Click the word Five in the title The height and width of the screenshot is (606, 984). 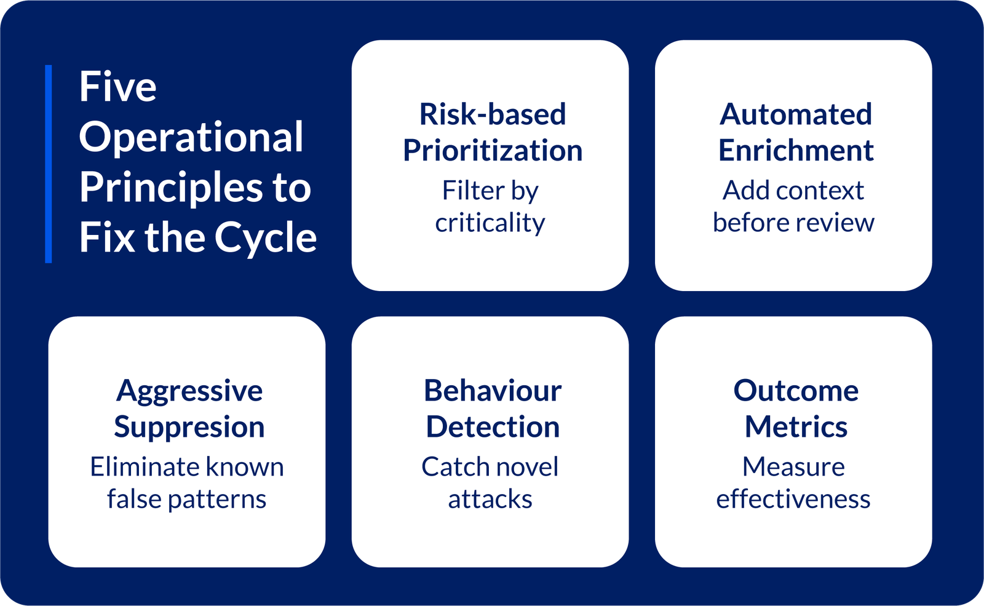[117, 86]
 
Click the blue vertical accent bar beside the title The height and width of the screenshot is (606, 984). [49, 164]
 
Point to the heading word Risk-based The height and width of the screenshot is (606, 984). [493, 114]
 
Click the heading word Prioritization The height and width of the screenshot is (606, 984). [493, 150]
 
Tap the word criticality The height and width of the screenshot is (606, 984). [490, 222]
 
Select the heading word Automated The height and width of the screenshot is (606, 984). [796, 114]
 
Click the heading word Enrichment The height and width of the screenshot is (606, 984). [796, 150]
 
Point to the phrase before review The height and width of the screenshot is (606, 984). [793, 222]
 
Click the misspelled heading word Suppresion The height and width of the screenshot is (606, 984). [189, 428]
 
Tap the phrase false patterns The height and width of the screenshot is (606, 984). [187, 499]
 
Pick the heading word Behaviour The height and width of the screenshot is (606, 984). [493, 391]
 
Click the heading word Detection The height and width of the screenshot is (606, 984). [493, 427]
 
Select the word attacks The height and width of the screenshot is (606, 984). [490, 500]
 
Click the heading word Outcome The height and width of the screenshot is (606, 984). [796, 391]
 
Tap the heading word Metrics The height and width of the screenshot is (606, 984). [796, 427]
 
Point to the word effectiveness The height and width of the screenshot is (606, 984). [793, 499]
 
